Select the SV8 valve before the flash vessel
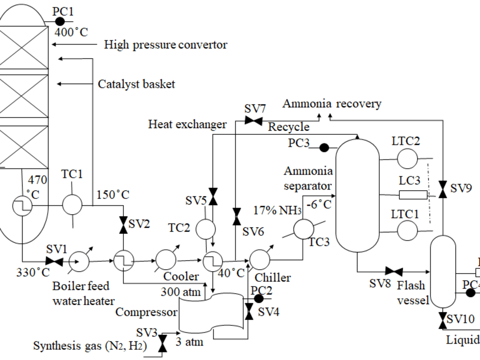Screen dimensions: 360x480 click(394, 271)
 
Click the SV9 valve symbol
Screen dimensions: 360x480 click(443, 187)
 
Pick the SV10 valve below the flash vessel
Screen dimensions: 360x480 click(442, 321)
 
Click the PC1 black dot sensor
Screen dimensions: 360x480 click(60, 21)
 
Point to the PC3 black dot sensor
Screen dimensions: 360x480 click(324, 147)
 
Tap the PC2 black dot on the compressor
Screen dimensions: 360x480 click(258, 299)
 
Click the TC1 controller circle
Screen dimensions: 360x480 click(72, 205)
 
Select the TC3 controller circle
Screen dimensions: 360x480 click(303, 229)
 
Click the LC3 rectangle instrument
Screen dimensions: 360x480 click(413, 195)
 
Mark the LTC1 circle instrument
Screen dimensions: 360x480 click(407, 230)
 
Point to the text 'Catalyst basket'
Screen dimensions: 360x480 click(136, 84)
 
